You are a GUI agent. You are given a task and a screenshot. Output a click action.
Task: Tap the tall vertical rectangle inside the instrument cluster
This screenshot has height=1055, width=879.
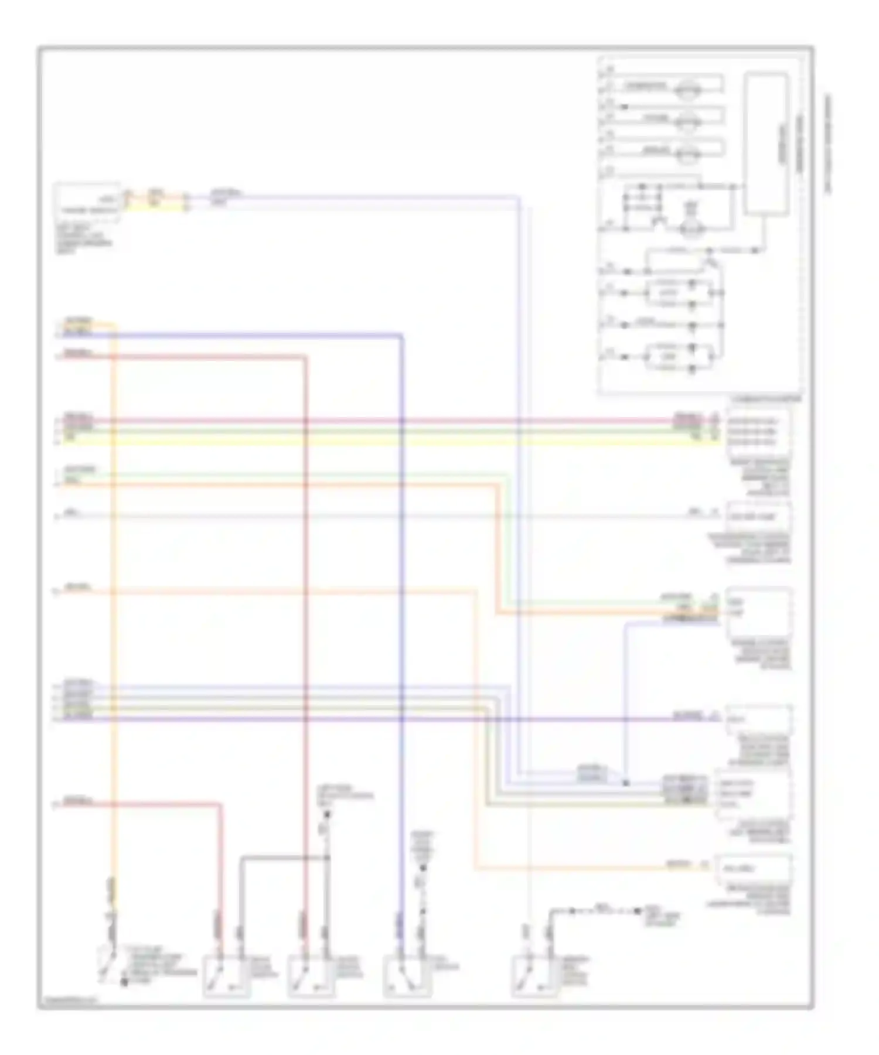[766, 143]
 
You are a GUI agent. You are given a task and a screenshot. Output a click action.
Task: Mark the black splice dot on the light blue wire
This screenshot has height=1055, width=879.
[625, 783]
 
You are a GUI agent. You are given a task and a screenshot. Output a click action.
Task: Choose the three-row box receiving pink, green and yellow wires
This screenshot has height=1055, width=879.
[757, 432]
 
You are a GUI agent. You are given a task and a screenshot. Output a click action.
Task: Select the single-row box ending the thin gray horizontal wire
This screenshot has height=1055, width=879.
[758, 517]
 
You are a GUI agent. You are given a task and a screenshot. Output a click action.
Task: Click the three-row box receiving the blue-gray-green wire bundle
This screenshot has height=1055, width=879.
[752, 794]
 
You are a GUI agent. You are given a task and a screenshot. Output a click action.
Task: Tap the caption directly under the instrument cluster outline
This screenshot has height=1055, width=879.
[765, 400]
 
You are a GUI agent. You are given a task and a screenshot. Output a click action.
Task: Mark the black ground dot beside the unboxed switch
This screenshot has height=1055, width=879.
[124, 982]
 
